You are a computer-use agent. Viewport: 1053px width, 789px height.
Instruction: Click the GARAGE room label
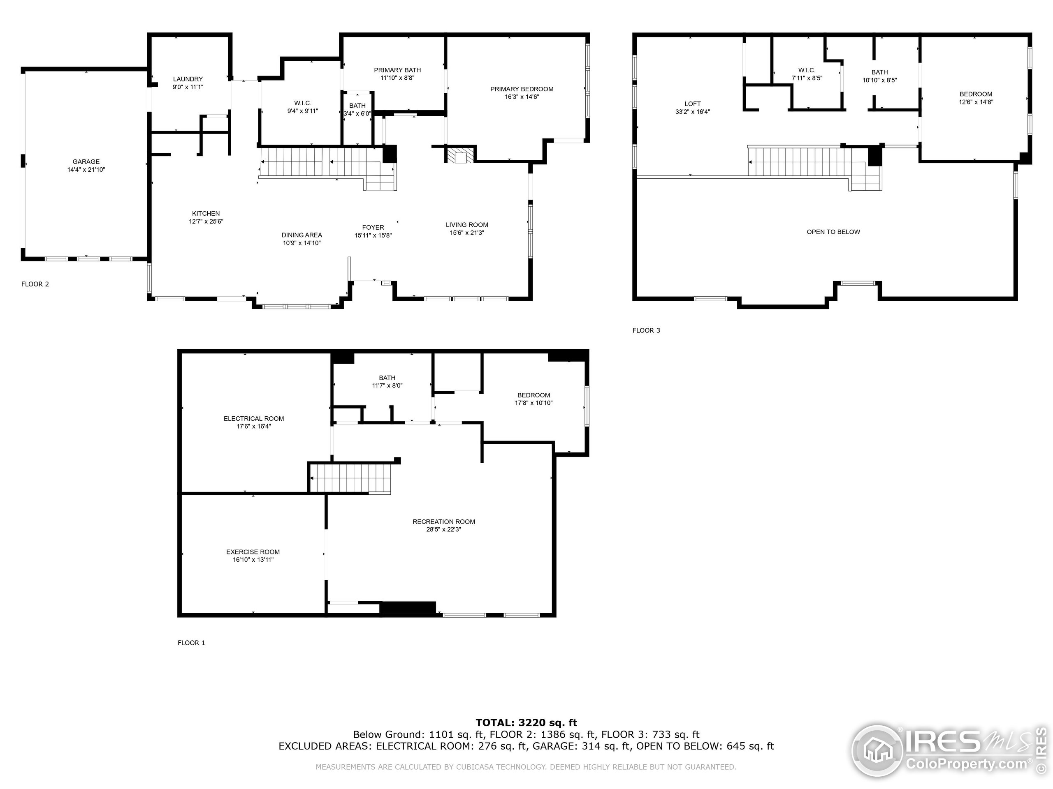[x=86, y=161]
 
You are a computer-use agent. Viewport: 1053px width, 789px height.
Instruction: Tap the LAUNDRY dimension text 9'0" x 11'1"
[x=188, y=87]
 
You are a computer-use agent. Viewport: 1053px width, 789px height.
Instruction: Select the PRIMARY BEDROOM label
[x=522, y=89]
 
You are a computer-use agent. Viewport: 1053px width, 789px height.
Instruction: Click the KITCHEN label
[x=206, y=214]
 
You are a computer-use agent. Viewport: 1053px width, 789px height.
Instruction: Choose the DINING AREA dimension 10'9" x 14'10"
[x=302, y=243]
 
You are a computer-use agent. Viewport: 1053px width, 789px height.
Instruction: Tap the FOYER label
[x=373, y=227]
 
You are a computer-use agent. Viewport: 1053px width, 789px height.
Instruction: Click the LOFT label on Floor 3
[x=692, y=104]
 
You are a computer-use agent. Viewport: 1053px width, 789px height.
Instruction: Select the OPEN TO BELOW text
[x=833, y=232]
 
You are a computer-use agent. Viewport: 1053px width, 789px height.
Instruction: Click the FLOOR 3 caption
[x=646, y=330]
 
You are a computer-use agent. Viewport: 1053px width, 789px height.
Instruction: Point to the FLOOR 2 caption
[x=35, y=284]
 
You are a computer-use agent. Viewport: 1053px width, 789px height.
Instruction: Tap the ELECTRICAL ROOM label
[x=254, y=418]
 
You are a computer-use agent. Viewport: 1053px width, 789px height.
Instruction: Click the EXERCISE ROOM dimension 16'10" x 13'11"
[x=253, y=560]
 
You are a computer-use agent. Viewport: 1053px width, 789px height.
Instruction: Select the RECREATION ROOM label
[x=444, y=522]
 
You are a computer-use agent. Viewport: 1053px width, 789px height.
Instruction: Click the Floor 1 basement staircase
[x=350, y=478]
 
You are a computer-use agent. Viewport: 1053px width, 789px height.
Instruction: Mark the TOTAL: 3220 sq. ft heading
[x=526, y=723]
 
